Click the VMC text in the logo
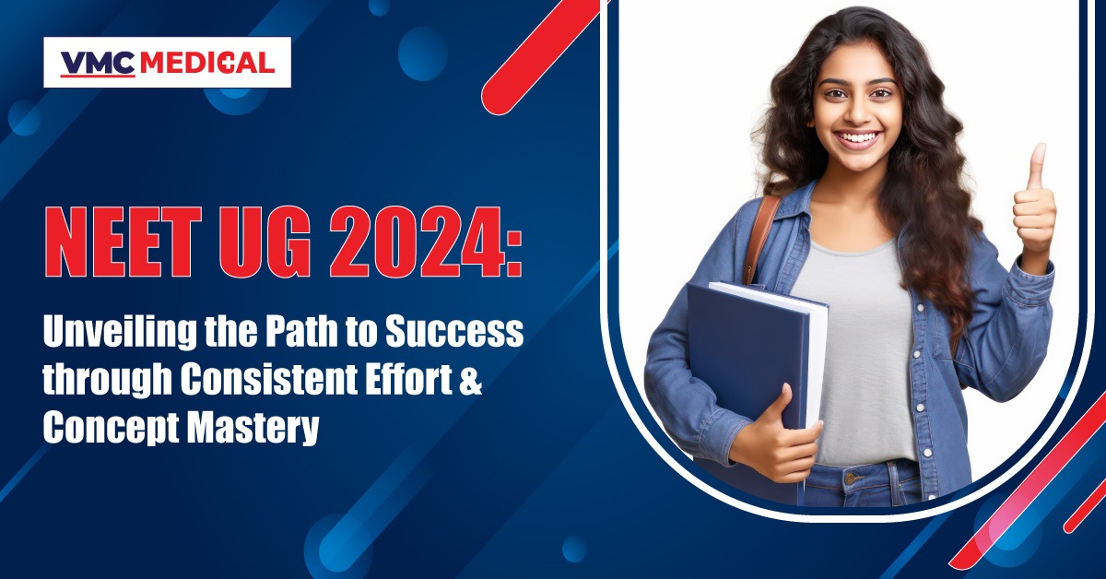point(98,63)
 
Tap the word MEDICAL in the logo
point(207,63)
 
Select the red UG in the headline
point(265,242)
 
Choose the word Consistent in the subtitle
point(268,380)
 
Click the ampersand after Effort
point(471,380)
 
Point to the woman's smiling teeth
point(859,136)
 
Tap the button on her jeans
point(850,479)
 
